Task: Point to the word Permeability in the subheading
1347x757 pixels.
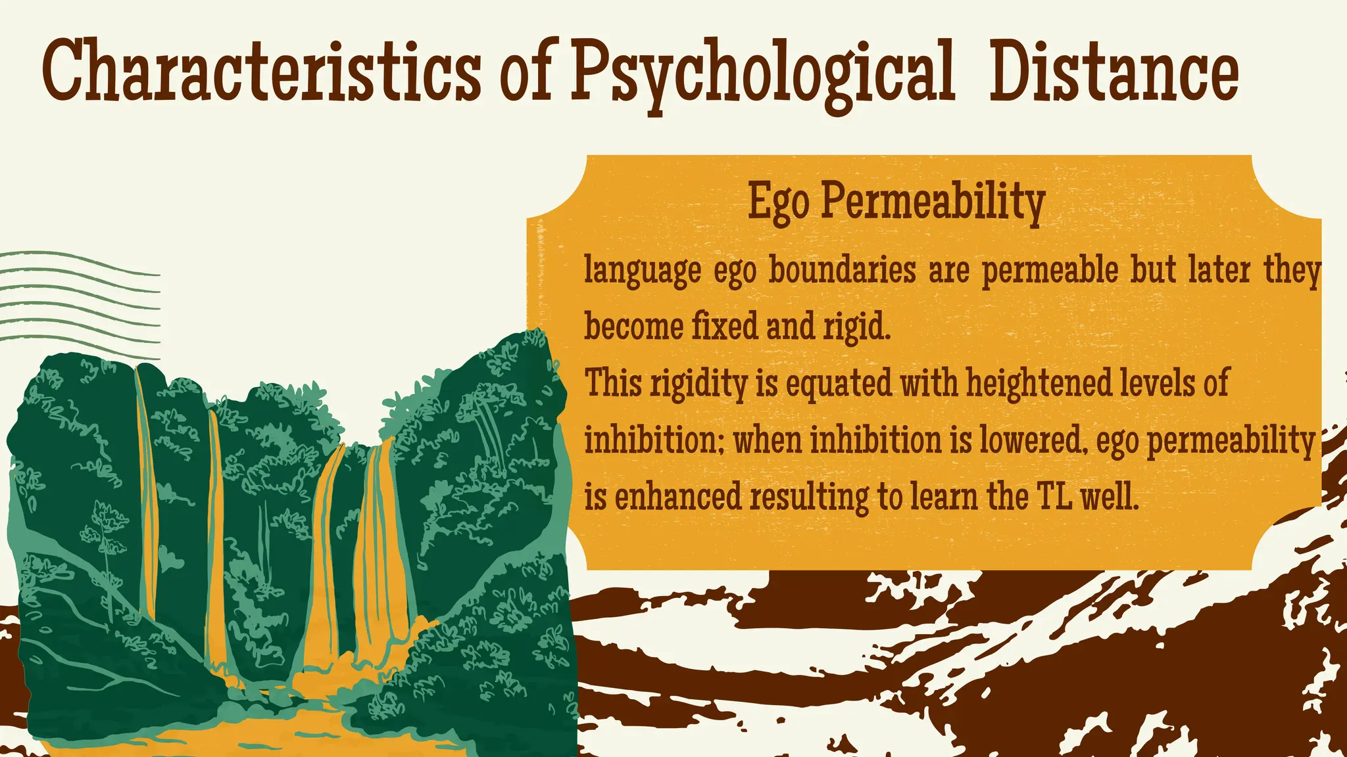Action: pyautogui.click(x=933, y=202)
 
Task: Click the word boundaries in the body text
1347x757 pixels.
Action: pyautogui.click(x=842, y=270)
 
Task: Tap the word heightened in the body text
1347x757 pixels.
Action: pyautogui.click(x=1038, y=383)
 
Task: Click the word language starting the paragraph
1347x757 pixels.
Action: pyautogui.click(x=643, y=271)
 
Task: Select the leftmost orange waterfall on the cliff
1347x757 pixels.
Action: pyautogui.click(x=146, y=493)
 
